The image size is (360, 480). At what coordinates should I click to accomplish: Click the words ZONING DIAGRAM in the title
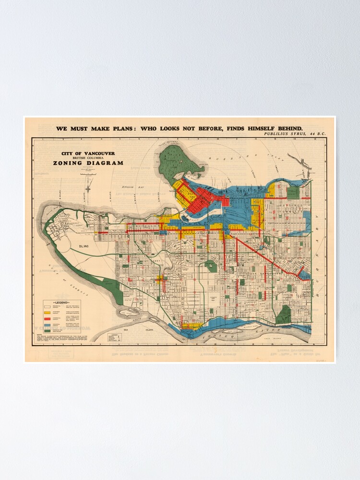[88, 163]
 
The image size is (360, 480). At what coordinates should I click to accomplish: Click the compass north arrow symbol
[88, 185]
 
